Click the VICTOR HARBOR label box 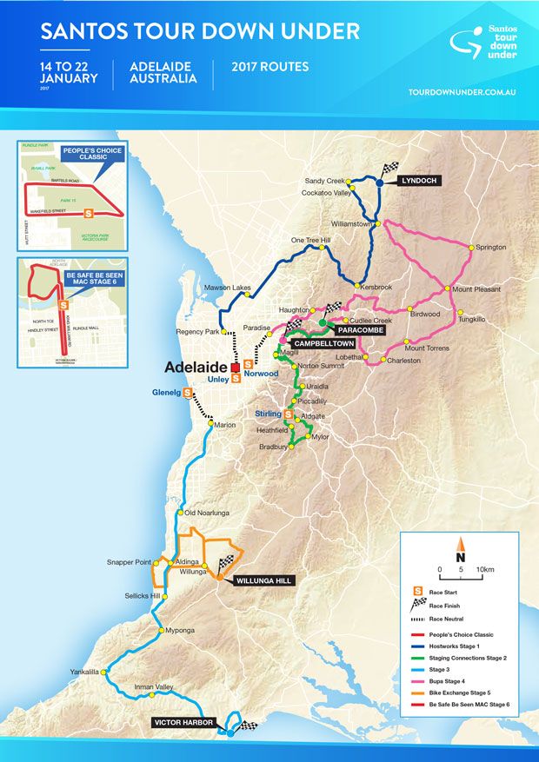click(x=182, y=722)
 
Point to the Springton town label click(x=491, y=248)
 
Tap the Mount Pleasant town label click(x=475, y=289)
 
